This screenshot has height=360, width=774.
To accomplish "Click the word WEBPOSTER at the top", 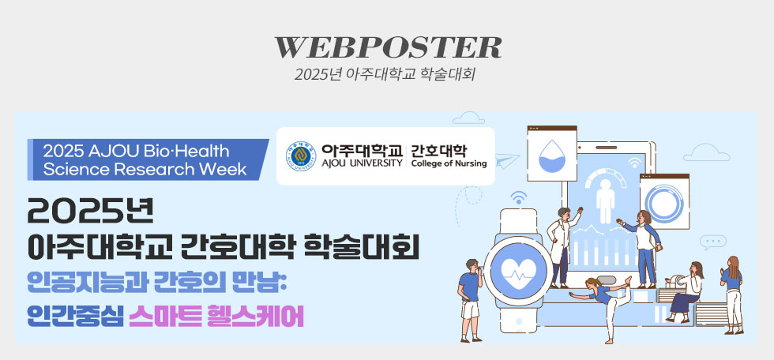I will [x=387, y=47].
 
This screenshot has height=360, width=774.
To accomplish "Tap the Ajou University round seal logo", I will [x=300, y=156].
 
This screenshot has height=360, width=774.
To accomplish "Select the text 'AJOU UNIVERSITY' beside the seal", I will [x=362, y=163].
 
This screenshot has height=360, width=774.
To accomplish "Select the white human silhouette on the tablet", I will [x=606, y=198].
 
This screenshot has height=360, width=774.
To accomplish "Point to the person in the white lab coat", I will [x=561, y=245].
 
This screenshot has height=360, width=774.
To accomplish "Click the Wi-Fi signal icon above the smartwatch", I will [x=518, y=197].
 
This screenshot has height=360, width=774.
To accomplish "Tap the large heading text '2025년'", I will [x=90, y=210].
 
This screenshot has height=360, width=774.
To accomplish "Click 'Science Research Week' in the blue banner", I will [x=145, y=168].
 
